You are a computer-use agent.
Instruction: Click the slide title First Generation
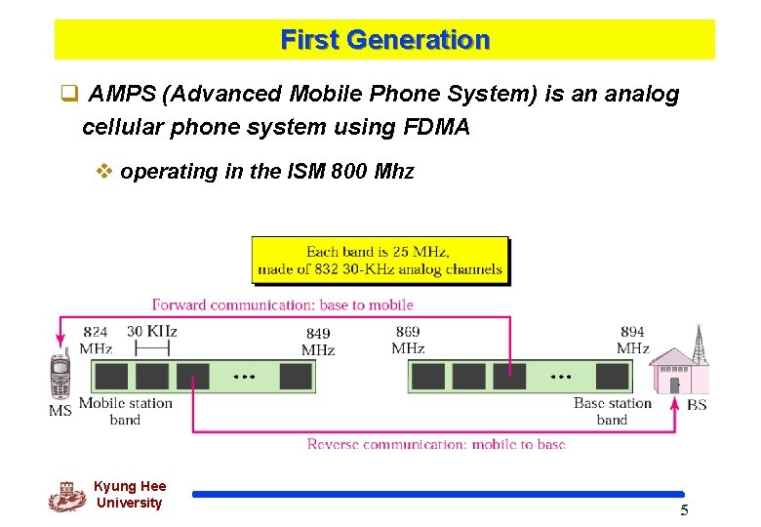[384, 40]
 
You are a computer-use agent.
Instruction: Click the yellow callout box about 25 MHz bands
[380, 261]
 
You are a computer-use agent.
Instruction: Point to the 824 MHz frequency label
[96, 340]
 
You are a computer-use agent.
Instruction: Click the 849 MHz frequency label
[318, 342]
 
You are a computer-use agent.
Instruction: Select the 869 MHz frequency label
[408, 340]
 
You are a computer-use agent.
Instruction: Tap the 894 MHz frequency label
[632, 340]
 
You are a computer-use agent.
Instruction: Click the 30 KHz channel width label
[152, 331]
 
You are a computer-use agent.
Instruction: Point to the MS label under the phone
[60, 410]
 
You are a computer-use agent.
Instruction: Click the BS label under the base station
[697, 404]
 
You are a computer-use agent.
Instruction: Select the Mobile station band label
[125, 411]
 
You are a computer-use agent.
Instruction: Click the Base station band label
[612, 411]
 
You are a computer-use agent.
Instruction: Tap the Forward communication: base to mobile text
[283, 304]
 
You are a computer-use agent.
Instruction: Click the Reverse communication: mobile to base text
[435, 444]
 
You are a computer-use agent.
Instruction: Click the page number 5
[684, 510]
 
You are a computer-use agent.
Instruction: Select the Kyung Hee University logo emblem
[67, 496]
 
